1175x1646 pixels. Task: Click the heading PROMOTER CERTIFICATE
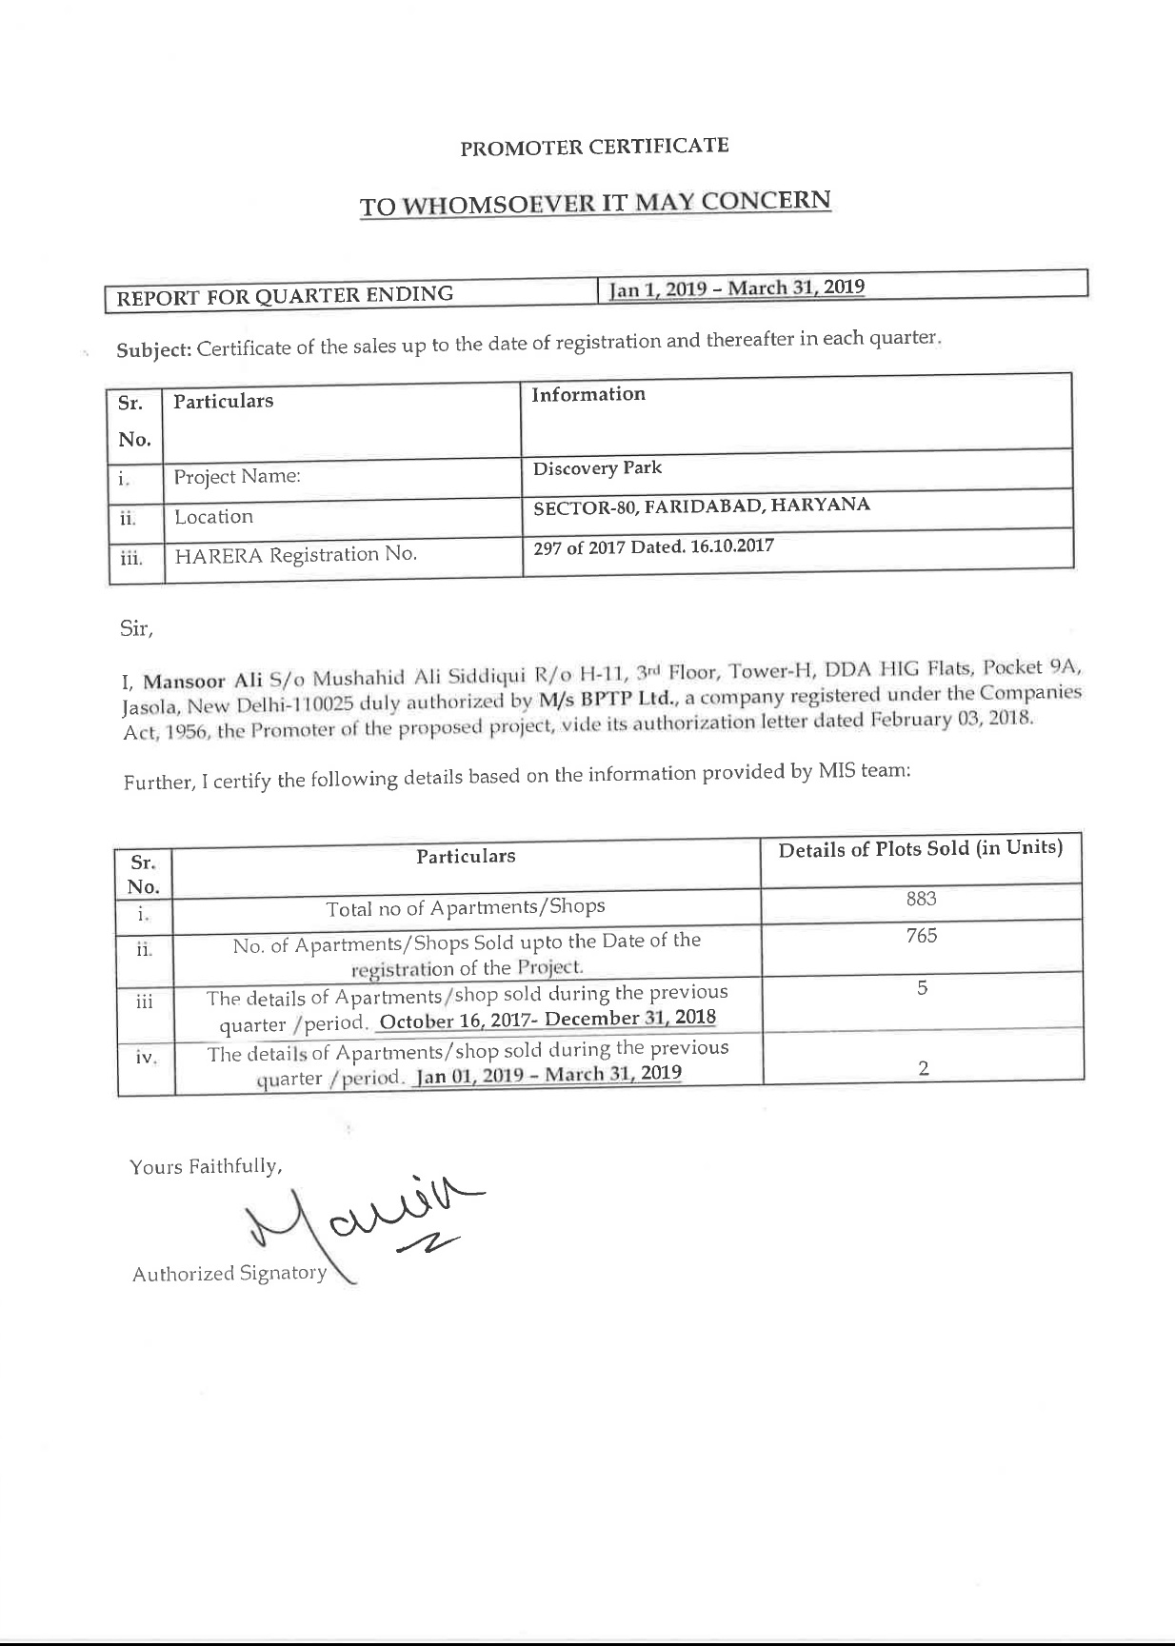tap(594, 147)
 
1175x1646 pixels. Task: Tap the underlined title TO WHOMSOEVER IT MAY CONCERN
tap(595, 204)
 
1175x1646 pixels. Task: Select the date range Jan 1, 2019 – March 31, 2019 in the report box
tap(737, 288)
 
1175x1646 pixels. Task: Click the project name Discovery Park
tap(597, 468)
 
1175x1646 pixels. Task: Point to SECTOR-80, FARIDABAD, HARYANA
tap(702, 506)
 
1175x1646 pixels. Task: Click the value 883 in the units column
tap(921, 899)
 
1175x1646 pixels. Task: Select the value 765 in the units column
tap(921, 936)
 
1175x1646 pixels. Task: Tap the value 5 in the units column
tap(922, 988)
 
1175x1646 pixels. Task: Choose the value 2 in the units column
tap(923, 1068)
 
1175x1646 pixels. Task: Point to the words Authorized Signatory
tap(229, 1274)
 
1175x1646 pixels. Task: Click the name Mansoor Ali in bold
tap(203, 681)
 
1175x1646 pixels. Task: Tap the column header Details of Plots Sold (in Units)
tap(920, 848)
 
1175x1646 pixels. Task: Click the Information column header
tap(587, 394)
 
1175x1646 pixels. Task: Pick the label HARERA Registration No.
tap(295, 554)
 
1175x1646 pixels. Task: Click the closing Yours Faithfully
tap(206, 1166)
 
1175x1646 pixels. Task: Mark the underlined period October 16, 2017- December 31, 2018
tap(548, 1020)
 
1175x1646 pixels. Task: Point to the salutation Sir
tap(135, 628)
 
